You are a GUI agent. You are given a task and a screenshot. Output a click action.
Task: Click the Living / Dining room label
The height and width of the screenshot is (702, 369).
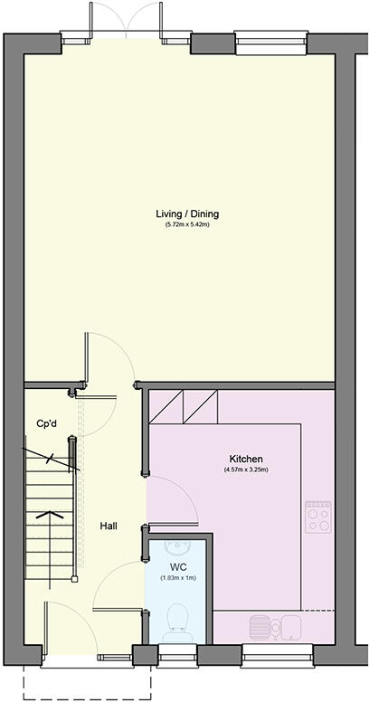click(187, 214)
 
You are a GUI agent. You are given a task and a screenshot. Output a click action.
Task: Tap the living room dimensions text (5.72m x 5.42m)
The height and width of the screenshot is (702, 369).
click(187, 224)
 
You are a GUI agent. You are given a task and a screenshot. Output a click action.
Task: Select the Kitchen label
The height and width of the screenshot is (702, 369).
click(246, 459)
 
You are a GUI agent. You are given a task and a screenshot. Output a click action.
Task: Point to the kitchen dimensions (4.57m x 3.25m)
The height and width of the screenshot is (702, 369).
click(246, 470)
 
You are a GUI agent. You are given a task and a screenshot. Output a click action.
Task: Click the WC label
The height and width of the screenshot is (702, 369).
click(178, 567)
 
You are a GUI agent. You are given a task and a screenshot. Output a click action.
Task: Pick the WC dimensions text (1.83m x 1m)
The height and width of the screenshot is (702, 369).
click(178, 577)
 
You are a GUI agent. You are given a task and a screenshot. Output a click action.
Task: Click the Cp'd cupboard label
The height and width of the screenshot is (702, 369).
click(48, 424)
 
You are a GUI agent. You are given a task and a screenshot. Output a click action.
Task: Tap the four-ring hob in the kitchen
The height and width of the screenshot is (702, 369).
click(318, 516)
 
